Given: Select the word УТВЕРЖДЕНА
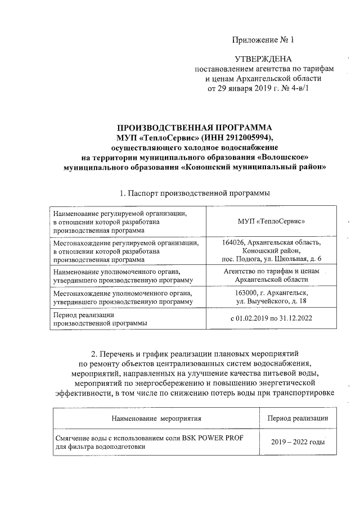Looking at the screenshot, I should [x=263, y=59].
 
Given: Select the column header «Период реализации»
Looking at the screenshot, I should [x=298, y=418].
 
